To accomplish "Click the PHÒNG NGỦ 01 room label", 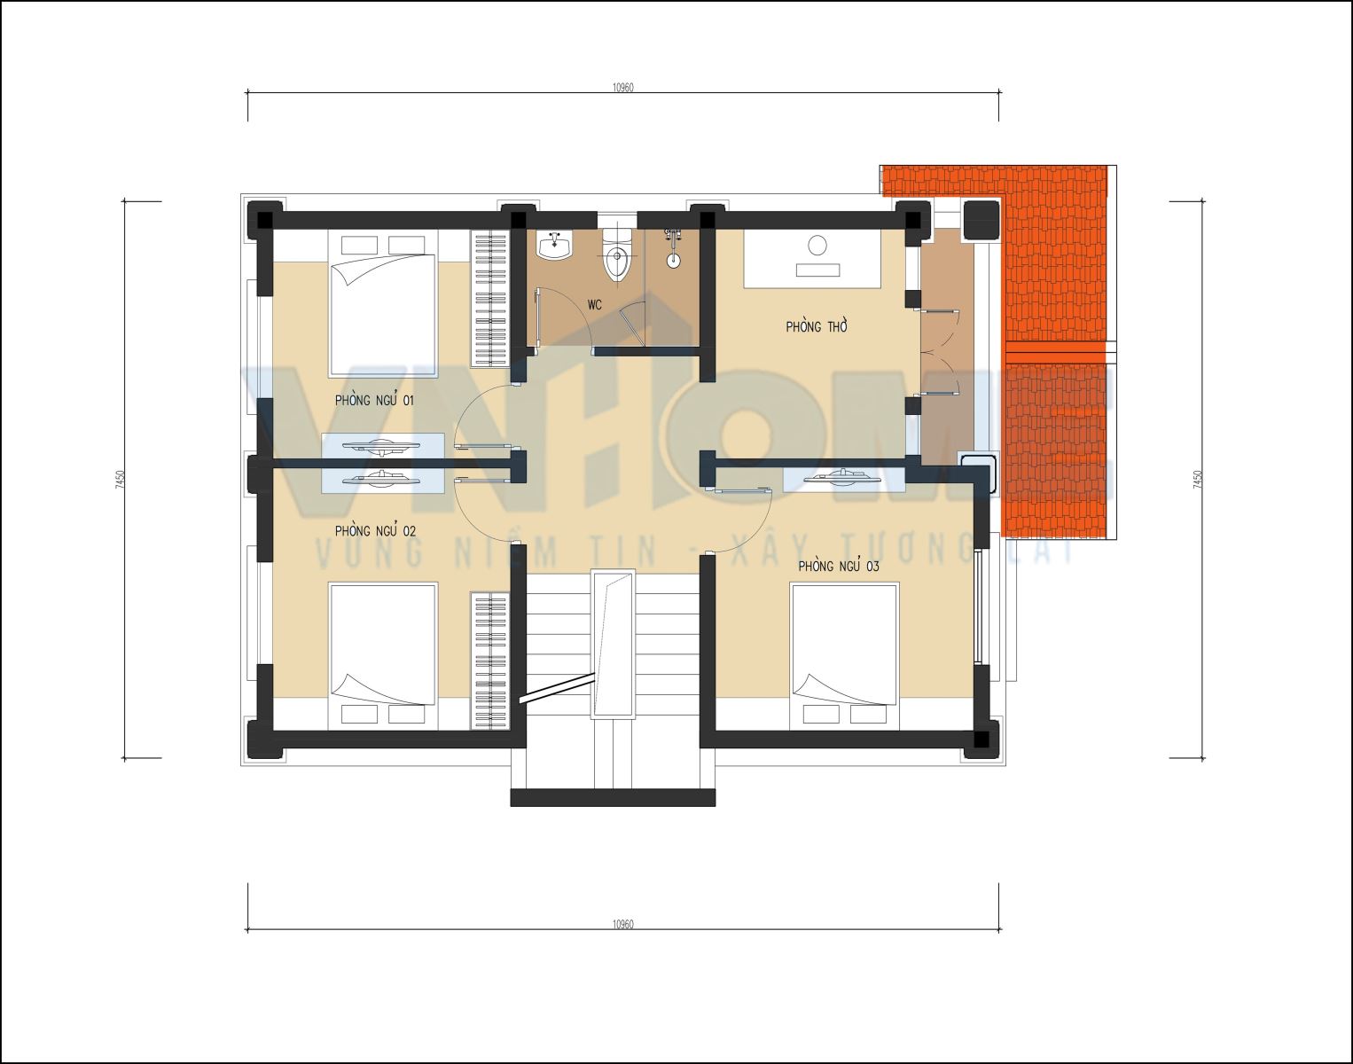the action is point(374,400).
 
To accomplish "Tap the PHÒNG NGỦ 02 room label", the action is point(375,531).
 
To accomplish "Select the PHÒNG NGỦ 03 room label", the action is point(839,566).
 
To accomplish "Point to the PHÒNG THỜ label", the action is point(817,326).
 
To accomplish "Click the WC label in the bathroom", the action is point(594,305).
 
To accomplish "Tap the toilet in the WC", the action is point(617,256).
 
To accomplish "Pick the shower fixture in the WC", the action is point(673,248).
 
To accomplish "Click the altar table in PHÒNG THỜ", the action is point(813,258).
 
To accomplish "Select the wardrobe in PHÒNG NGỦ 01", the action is point(489,298).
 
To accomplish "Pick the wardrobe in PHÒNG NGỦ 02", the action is point(489,661).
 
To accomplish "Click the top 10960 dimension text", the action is point(623,88).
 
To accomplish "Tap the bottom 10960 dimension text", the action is point(623,924).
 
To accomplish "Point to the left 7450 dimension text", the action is point(121,480).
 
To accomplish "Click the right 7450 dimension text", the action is point(1197,480).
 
